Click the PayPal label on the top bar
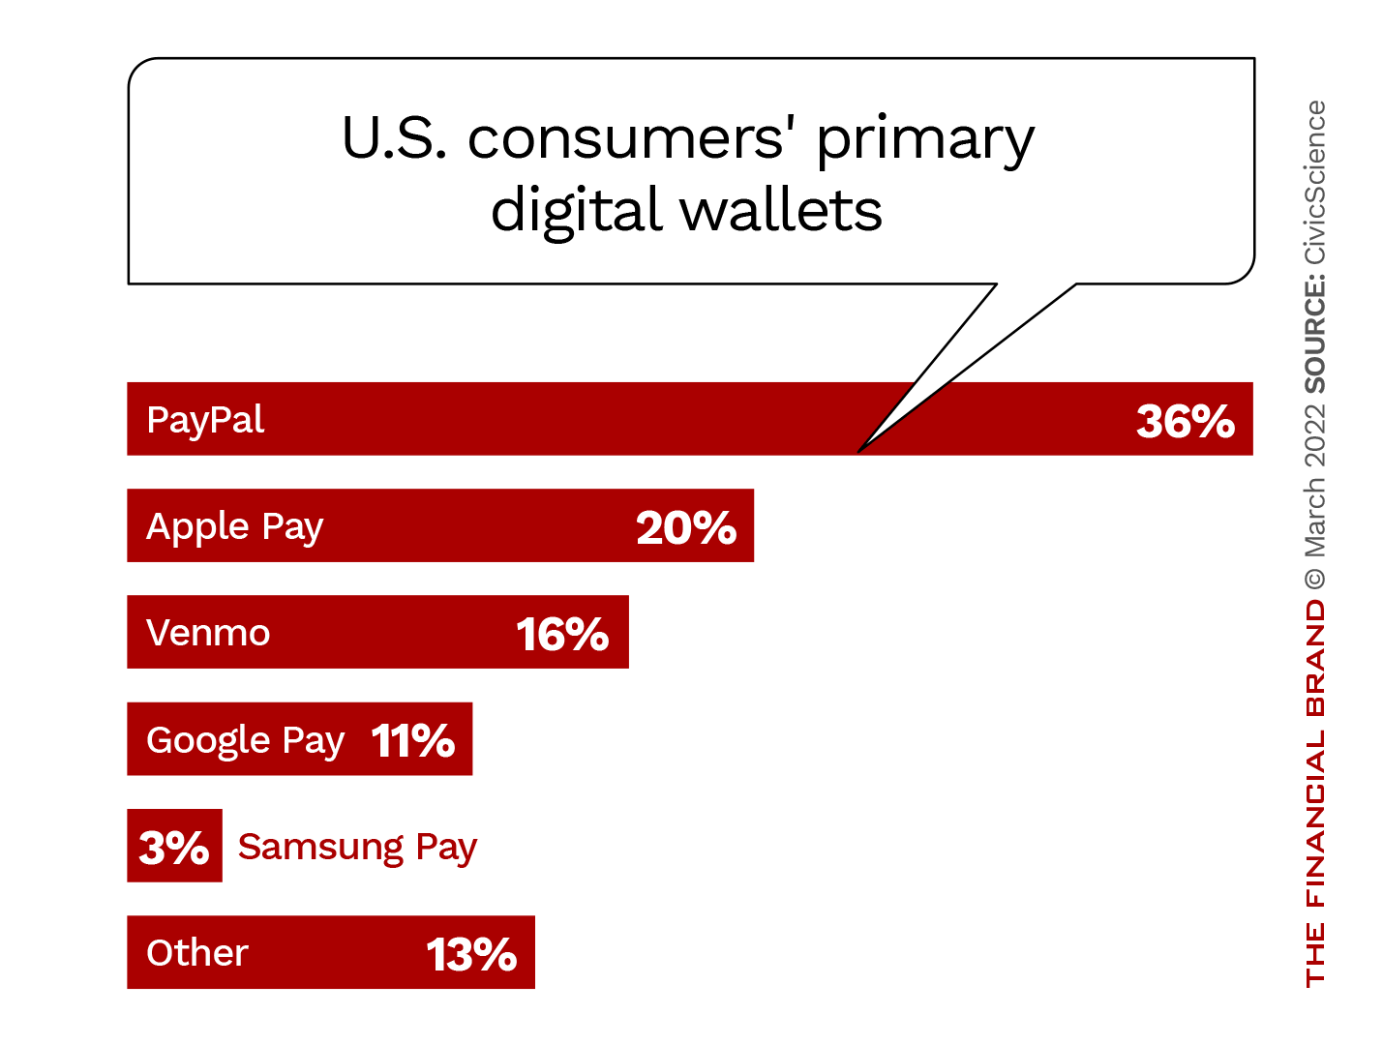click(x=205, y=421)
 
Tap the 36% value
click(x=1185, y=422)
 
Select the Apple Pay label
click(x=234, y=527)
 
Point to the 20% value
click(x=686, y=528)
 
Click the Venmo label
click(x=208, y=633)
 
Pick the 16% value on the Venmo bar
click(x=562, y=635)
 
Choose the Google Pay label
click(x=245, y=740)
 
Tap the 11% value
click(x=413, y=741)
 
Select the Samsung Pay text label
click(x=357, y=848)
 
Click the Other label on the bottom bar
click(x=197, y=953)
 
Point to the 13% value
click(x=471, y=955)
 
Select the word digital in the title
click(x=576, y=211)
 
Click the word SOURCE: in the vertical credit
click(x=1314, y=334)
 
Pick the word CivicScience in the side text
click(x=1314, y=182)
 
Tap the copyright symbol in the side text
click(x=1314, y=579)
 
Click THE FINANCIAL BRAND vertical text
click(x=1314, y=793)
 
